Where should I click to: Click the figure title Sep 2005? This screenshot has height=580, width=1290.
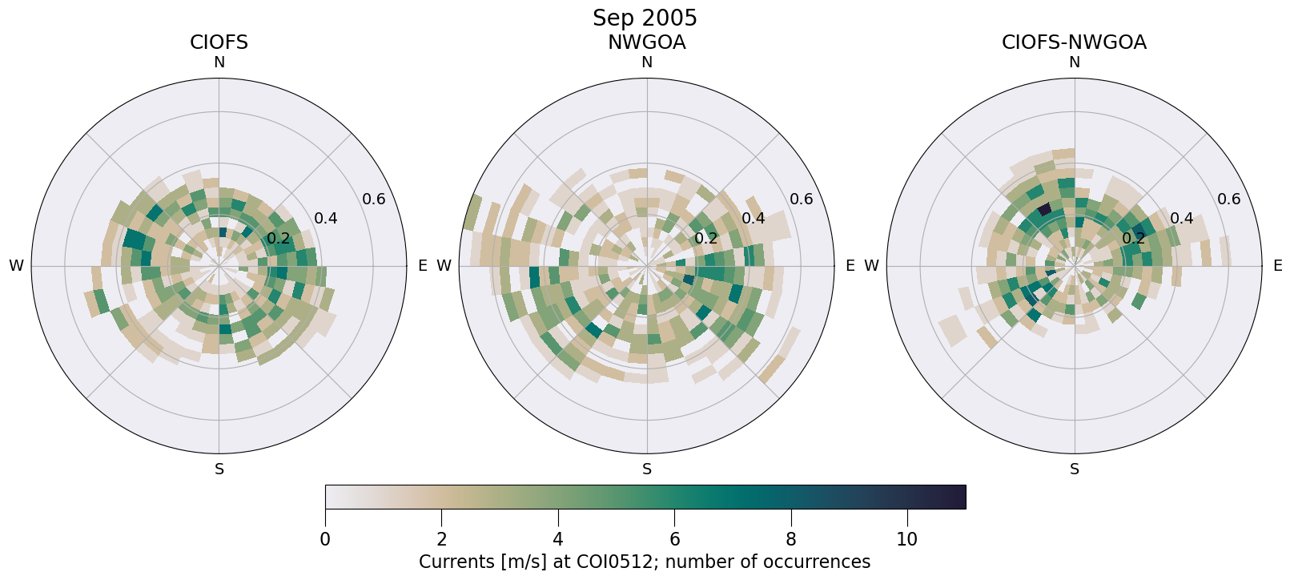pyautogui.click(x=645, y=18)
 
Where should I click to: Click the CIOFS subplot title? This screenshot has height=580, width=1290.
pyautogui.click(x=219, y=42)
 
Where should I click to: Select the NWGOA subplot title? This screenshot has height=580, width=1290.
pyautogui.click(x=646, y=42)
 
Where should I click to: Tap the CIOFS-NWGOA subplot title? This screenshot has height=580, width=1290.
pyautogui.click(x=1074, y=42)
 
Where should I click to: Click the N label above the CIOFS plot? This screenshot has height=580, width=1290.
pyautogui.click(x=219, y=62)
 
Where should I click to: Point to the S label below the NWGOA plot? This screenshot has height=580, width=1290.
pyautogui.click(x=646, y=469)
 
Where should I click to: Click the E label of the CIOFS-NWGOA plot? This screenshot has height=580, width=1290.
pyautogui.click(x=1277, y=266)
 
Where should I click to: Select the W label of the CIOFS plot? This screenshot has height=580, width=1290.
pyautogui.click(x=16, y=266)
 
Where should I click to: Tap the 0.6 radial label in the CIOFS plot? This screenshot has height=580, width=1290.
pyautogui.click(x=373, y=199)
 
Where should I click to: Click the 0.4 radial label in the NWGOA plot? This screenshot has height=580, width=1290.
pyautogui.click(x=753, y=219)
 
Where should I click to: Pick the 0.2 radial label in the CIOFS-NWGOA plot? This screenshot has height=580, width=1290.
pyautogui.click(x=1133, y=238)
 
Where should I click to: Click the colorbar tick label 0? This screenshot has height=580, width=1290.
pyautogui.click(x=325, y=539)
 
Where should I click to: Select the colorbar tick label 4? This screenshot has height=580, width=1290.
pyautogui.click(x=557, y=539)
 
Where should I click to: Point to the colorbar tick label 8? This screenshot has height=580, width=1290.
pyautogui.click(x=790, y=539)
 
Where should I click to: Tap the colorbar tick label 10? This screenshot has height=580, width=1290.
pyautogui.click(x=906, y=539)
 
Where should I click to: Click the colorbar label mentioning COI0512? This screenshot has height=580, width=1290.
pyautogui.click(x=645, y=562)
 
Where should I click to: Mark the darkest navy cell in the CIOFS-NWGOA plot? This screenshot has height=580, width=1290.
pyautogui.click(x=1044, y=209)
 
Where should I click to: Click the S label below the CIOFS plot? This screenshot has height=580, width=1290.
pyautogui.click(x=219, y=469)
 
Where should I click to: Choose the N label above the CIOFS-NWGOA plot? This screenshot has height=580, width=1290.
pyautogui.click(x=1074, y=62)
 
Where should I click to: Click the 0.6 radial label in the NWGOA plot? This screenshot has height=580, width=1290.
pyautogui.click(x=801, y=199)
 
